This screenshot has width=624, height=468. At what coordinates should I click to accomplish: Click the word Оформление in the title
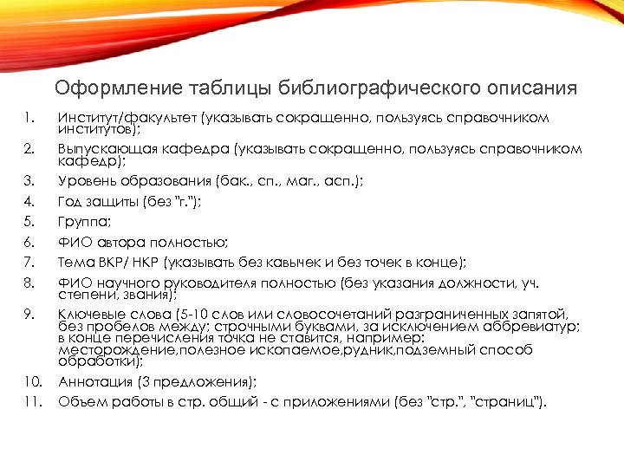pos(110,88)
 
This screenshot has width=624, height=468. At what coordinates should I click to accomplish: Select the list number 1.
pos(29,116)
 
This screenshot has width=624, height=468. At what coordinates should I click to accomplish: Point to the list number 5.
pos(29,223)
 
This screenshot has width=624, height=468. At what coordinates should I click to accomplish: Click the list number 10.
pos(31,381)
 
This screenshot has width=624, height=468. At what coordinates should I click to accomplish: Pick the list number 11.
pos(31,402)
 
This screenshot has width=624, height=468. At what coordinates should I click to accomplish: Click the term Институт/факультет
pos(127,116)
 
